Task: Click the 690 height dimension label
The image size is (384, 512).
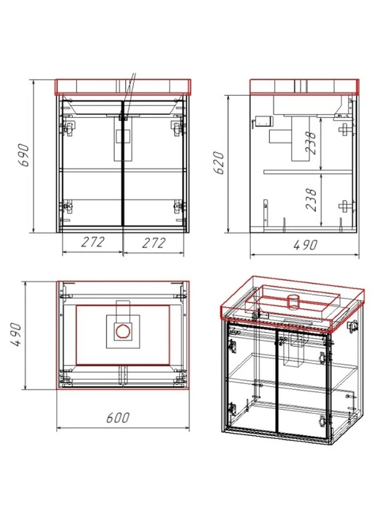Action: (x=25, y=155)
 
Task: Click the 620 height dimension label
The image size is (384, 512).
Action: (x=219, y=162)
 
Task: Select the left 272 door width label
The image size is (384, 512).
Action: (x=93, y=242)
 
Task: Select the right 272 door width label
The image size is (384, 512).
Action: (x=154, y=243)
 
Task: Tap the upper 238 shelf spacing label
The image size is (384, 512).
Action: (x=311, y=143)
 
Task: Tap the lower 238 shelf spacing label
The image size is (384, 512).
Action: (x=311, y=199)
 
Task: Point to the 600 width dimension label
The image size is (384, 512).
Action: (x=118, y=418)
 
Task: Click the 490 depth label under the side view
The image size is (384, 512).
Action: (x=305, y=244)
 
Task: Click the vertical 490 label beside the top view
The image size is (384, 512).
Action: (x=16, y=334)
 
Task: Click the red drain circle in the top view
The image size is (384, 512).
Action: (x=123, y=331)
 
